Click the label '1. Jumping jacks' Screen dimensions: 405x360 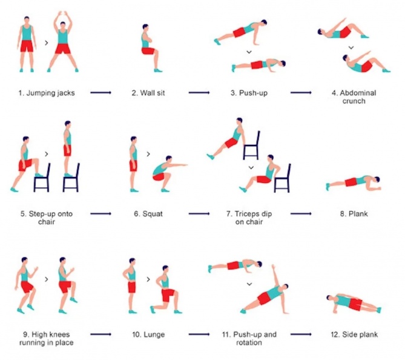point(47,93)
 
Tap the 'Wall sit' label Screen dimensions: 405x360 point(148,93)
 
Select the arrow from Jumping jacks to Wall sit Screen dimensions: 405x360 point(100,92)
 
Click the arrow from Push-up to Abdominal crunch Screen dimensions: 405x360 point(301,92)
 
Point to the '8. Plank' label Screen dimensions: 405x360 point(354,213)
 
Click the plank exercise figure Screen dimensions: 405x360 point(354,182)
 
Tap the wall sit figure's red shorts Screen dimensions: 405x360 point(148,51)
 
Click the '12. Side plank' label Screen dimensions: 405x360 point(354,335)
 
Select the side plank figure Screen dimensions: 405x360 point(354,304)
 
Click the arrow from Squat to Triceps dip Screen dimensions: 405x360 point(199,213)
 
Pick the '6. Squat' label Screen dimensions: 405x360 point(148,214)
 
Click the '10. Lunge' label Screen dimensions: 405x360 point(148,335)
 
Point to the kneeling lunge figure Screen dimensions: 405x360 point(165,290)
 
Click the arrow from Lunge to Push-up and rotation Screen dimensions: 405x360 point(199,334)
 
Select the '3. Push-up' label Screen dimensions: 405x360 point(249,93)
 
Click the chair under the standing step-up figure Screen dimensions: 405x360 point(71,178)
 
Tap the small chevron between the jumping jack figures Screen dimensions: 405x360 point(47,43)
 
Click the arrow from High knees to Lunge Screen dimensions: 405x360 point(100,334)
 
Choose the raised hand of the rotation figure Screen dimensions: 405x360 point(273,266)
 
